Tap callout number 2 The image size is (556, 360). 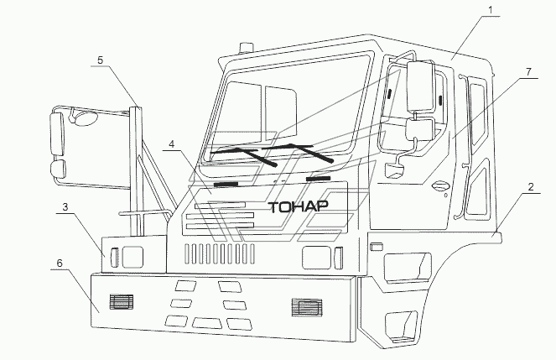(532, 190)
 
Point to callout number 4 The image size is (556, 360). (172, 144)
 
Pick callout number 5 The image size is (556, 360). (101, 60)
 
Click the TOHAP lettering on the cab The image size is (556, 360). (298, 206)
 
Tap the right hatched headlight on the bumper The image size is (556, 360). (305, 308)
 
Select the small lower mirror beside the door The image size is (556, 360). (418, 129)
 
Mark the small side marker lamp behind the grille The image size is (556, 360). (377, 246)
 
